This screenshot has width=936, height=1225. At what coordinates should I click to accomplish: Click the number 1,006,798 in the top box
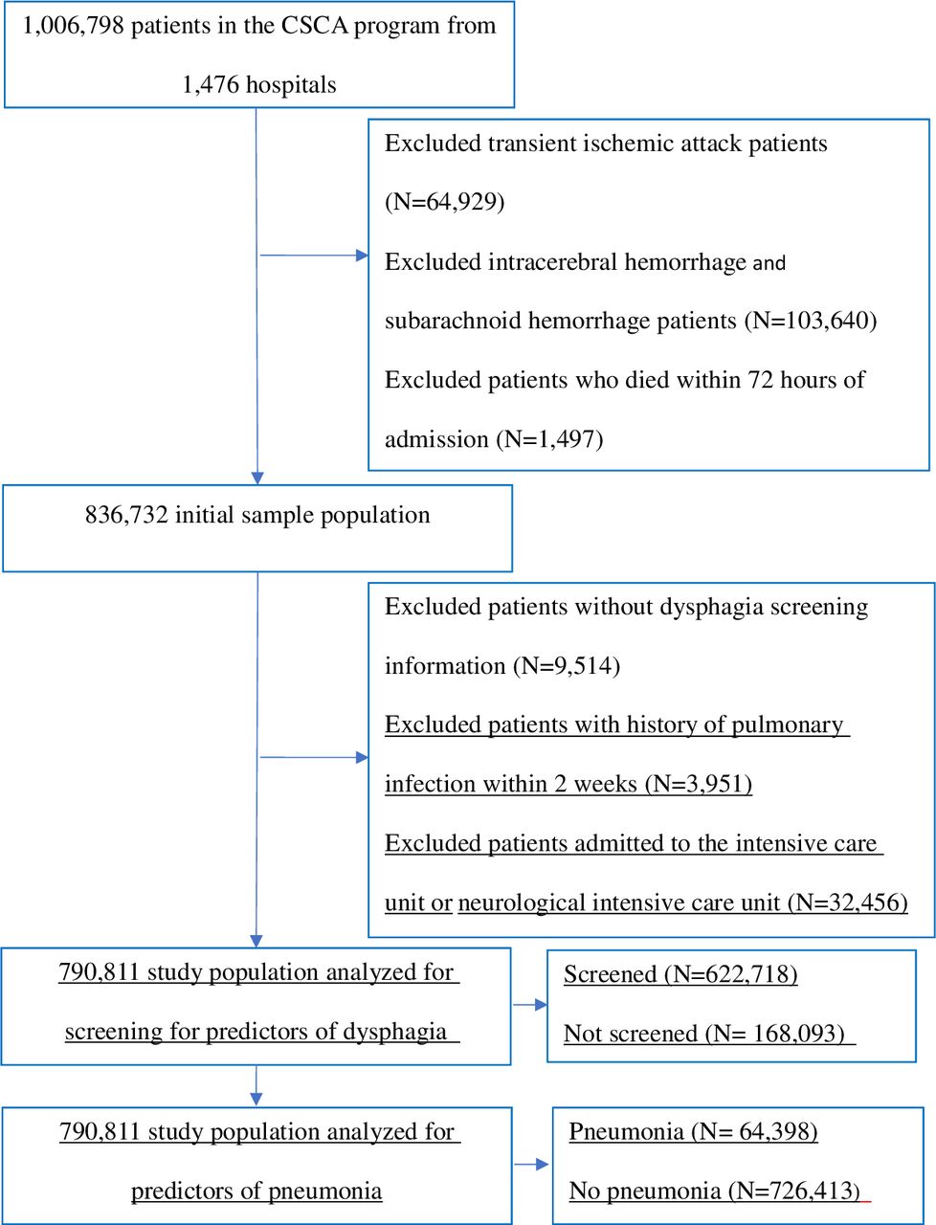73,26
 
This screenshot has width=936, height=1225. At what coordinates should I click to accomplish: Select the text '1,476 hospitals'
259,85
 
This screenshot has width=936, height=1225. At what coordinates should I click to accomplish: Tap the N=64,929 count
445,202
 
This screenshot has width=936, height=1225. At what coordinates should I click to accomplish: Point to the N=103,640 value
811,321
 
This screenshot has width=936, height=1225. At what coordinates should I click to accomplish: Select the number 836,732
126,515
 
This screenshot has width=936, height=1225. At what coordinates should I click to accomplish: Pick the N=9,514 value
567,665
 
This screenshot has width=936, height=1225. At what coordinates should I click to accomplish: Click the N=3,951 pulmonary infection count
699,783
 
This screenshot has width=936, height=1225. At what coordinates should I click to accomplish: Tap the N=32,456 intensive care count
848,902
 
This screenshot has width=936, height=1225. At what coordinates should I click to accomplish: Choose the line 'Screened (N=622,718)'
680,974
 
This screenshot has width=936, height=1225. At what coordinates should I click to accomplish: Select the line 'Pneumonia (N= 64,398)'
693,1131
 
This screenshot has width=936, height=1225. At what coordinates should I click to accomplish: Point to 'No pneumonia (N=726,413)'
714,1191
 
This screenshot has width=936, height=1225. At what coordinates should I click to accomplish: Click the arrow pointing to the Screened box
529,1005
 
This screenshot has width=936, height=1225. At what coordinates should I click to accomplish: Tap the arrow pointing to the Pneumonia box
531,1164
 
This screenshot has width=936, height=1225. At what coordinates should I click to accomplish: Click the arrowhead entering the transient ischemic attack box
362,256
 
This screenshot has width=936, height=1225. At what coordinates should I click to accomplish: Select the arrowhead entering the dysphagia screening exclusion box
362,757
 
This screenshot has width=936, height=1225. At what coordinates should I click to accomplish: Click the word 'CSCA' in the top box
314,26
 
